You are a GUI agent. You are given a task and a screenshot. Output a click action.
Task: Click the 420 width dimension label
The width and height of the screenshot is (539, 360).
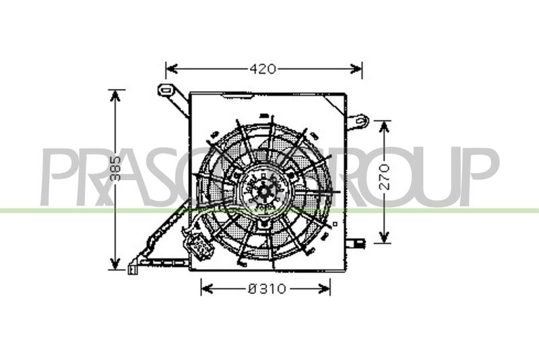tap(263, 69)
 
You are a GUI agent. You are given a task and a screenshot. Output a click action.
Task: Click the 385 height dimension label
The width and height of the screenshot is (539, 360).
tap(116, 169)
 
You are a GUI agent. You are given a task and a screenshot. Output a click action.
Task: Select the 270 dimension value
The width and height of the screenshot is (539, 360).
tap(385, 177)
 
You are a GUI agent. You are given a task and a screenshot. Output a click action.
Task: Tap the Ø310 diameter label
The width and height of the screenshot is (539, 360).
tap(267, 289)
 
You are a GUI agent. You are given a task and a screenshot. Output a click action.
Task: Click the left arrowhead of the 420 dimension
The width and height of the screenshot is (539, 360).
tap(172, 69)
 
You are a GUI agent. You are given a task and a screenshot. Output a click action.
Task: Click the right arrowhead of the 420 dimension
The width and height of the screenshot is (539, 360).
tap(356, 69)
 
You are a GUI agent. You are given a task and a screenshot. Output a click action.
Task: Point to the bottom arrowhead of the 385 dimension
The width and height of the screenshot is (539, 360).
tap(115, 264)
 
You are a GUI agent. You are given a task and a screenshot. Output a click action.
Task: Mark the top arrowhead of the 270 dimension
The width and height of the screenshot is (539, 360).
tap(385, 127)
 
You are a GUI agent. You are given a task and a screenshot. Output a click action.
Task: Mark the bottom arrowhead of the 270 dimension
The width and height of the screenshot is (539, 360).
tap(385, 237)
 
